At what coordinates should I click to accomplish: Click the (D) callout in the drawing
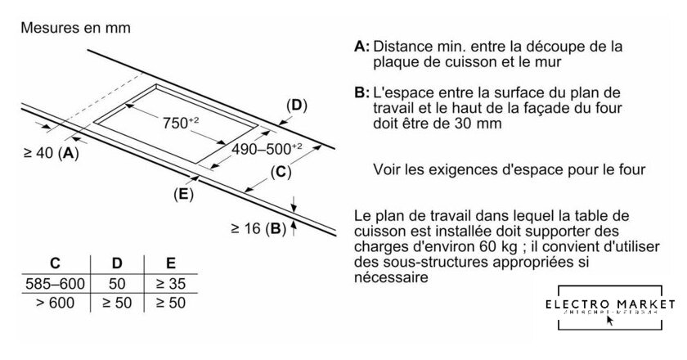(295, 106)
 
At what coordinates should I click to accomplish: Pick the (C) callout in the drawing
(280, 172)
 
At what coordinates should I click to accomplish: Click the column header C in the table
(55, 264)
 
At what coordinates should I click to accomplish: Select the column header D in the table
(118, 264)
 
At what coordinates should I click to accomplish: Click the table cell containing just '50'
(118, 284)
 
